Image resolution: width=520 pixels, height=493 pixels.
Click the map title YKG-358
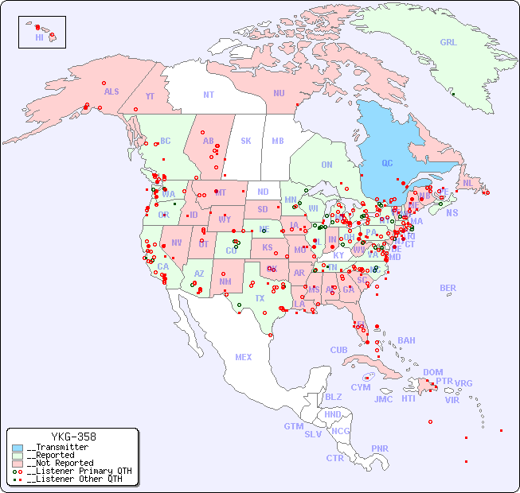click(73, 437)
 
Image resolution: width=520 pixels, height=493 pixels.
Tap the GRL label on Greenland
click(448, 43)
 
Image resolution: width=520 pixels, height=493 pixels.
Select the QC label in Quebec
click(387, 164)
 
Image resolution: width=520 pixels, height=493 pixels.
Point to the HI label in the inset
click(39, 37)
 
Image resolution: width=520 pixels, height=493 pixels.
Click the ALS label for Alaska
click(111, 92)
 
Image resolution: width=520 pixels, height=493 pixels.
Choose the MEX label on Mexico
click(244, 357)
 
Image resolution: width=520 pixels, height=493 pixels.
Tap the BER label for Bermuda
click(448, 288)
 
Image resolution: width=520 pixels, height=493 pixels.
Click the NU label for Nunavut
click(279, 93)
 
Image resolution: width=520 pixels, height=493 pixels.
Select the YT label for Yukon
click(150, 96)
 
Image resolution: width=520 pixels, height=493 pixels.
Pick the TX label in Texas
click(260, 299)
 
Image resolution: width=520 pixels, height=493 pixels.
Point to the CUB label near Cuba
click(338, 350)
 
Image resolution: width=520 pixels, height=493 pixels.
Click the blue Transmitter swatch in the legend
click(18, 447)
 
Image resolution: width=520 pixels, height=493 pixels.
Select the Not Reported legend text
click(60, 463)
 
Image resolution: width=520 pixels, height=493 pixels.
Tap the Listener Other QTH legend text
click(75, 479)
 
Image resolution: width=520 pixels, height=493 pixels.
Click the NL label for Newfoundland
click(467, 182)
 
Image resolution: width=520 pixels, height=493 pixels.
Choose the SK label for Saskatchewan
click(246, 142)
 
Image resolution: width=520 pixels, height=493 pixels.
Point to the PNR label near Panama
click(380, 448)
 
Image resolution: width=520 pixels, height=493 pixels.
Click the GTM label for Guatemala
click(294, 426)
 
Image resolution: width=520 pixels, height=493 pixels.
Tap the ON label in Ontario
click(326, 165)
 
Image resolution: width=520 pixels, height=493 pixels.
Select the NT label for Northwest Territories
click(209, 95)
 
